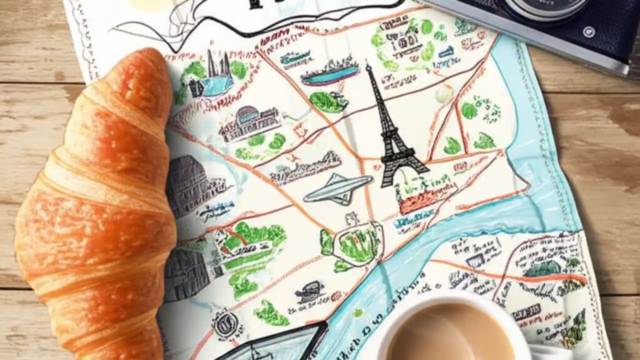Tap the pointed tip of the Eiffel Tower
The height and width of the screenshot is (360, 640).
[x=369, y=65]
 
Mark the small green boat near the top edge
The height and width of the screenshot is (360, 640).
[x=295, y=57]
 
